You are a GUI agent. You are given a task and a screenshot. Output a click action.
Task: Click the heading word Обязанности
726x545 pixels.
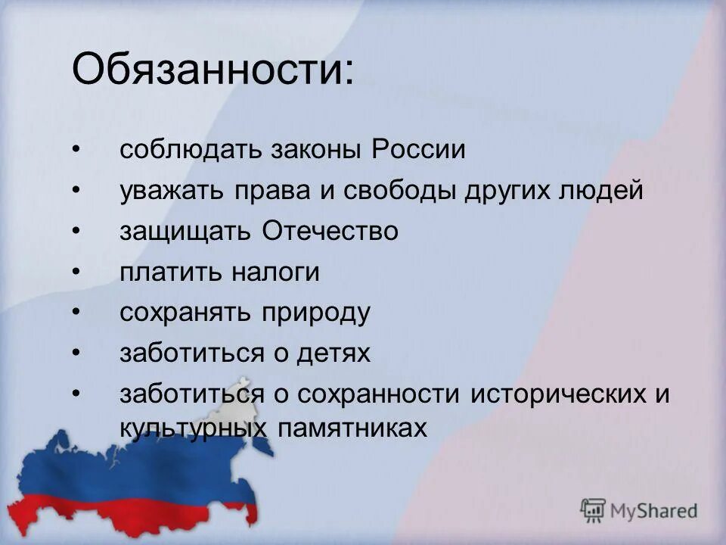(x=211, y=70)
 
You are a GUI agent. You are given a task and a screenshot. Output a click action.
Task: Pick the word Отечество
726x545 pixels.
(x=330, y=231)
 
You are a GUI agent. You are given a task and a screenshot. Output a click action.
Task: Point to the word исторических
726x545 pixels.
(x=555, y=394)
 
